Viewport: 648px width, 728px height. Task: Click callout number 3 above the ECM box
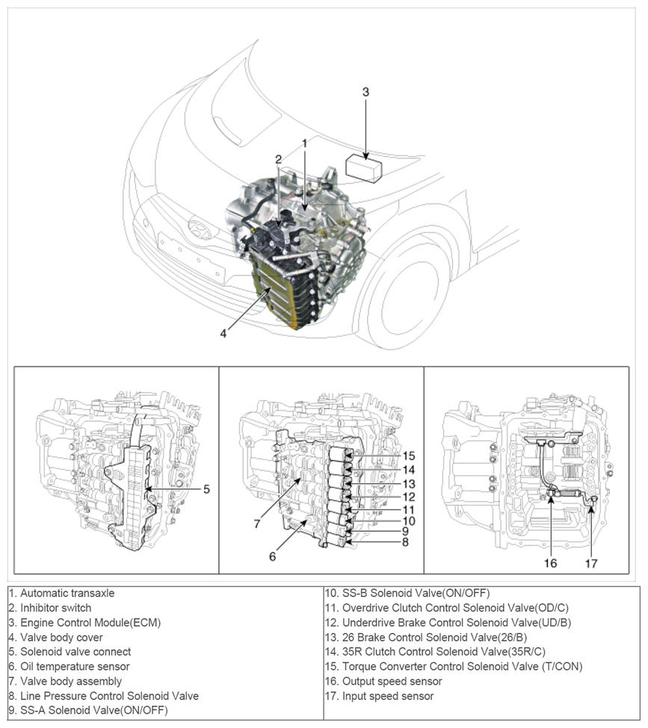[365, 92]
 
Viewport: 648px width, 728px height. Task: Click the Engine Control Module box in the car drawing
[365, 169]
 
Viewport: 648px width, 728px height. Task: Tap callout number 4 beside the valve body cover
[223, 333]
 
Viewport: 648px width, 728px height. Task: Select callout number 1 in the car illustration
[305, 142]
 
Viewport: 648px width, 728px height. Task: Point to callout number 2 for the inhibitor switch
[278, 159]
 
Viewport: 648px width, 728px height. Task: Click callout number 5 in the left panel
[206, 490]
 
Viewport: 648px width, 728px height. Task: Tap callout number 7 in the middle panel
[256, 525]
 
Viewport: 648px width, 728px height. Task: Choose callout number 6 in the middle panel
[273, 556]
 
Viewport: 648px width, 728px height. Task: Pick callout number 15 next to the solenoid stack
[408, 455]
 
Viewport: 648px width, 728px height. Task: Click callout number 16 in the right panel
[550, 563]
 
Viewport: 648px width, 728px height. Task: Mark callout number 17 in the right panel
[591, 563]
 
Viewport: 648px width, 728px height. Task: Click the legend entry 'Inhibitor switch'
[50, 608]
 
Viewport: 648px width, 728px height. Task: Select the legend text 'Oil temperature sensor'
[70, 666]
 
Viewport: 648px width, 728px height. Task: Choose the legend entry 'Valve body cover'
[56, 637]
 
